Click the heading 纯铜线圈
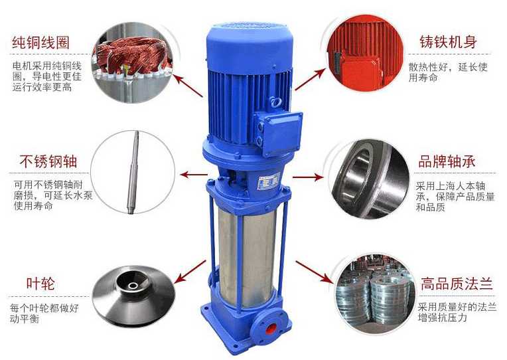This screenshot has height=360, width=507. pos(40,43)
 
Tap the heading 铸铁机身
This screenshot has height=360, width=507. pos(448,43)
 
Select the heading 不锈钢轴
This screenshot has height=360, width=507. pos(48,161)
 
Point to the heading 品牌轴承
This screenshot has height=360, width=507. pos(447,161)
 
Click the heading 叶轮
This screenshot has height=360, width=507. pos(40,284)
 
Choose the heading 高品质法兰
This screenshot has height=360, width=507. pos(457,284)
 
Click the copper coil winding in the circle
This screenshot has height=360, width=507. pos(132,58)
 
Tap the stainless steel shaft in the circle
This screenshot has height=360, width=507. pos(133,172)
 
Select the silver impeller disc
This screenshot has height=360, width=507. pos(133,294)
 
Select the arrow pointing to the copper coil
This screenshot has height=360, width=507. pos(188,86)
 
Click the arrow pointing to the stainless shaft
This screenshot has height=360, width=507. pos(194,175)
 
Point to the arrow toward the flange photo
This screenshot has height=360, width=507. pos(315,272)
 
